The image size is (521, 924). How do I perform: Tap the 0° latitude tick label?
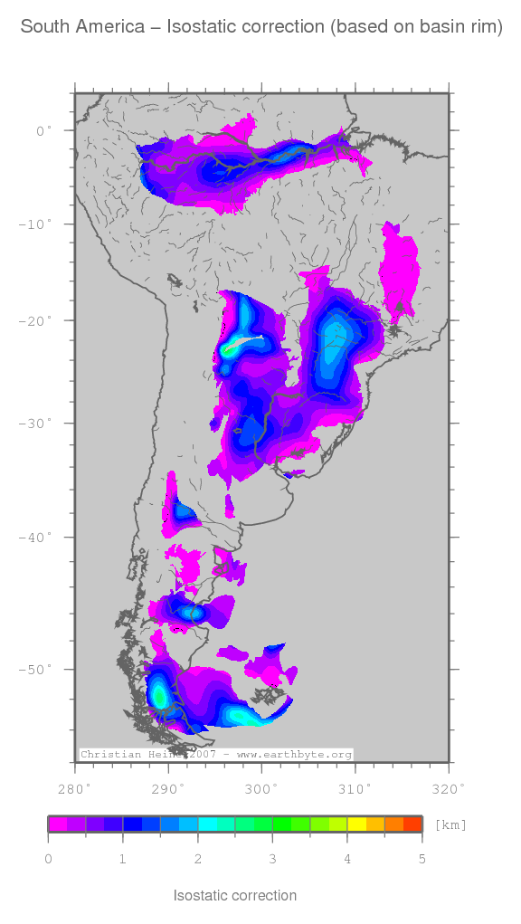(x=43, y=130)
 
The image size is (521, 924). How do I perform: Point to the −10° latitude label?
(x=36, y=224)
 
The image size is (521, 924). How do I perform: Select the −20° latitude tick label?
(x=36, y=320)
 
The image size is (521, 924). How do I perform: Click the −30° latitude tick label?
(x=36, y=423)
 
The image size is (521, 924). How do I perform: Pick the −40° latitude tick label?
(x=36, y=537)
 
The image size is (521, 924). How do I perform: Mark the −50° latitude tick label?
(x=36, y=669)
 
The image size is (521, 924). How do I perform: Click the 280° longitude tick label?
(x=75, y=788)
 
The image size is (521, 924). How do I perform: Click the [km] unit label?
(x=450, y=824)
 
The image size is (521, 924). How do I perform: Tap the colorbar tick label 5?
(x=422, y=859)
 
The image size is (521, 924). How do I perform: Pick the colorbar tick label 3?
(x=272, y=859)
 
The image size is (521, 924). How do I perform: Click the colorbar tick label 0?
(x=48, y=859)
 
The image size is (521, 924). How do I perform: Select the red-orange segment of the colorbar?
(x=412, y=824)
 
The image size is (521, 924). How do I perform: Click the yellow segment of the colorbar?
(x=356, y=824)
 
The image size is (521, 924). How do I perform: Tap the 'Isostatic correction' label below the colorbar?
(x=235, y=896)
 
